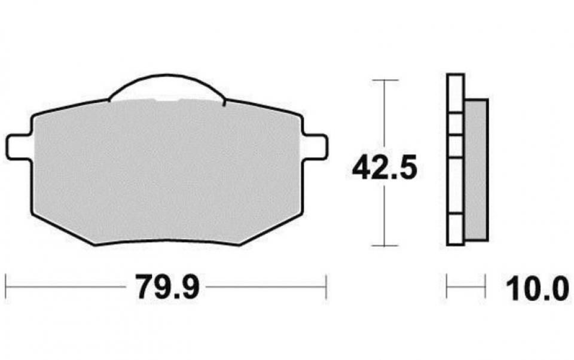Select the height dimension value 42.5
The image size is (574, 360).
[x=384, y=167]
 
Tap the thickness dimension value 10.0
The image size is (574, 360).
[x=536, y=289]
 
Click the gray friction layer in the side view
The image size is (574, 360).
[x=477, y=170]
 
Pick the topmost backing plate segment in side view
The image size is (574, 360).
[x=455, y=93]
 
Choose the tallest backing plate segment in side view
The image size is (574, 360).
[x=455, y=185]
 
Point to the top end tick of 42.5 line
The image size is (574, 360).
[x=384, y=80]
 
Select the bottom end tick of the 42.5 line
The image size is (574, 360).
[x=384, y=245]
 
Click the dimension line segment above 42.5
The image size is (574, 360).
[x=384, y=114]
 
